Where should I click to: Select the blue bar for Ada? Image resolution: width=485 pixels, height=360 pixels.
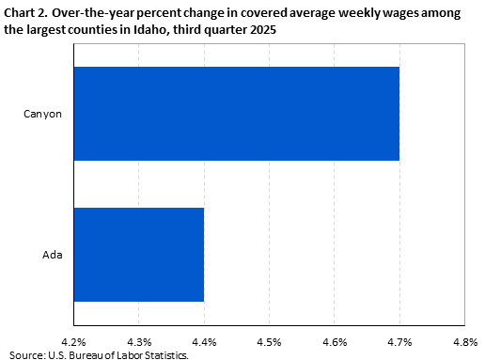pos(138,254)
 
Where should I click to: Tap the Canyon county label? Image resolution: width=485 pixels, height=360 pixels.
pos(42,114)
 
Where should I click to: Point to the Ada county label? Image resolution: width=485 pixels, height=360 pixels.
pos(52,254)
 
